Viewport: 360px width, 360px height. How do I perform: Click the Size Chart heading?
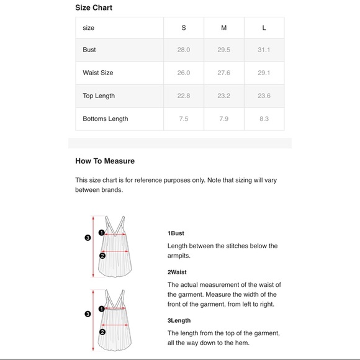(94, 7)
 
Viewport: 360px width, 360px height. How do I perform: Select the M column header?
(224, 28)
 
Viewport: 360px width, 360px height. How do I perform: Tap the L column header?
(264, 28)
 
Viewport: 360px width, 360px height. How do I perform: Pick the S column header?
(184, 28)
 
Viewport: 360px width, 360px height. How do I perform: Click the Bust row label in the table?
(89, 50)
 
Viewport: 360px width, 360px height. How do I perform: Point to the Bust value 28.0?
(184, 50)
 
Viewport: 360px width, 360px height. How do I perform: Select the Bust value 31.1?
(264, 50)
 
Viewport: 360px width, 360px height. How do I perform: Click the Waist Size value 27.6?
(224, 73)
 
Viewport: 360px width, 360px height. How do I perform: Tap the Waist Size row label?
(98, 73)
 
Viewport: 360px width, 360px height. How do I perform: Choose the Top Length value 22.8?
(184, 96)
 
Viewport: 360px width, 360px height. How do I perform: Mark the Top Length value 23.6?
(264, 96)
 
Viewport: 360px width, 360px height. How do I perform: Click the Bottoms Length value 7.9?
(224, 119)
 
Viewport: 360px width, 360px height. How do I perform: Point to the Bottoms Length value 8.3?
(264, 119)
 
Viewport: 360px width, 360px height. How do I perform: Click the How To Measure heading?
(105, 161)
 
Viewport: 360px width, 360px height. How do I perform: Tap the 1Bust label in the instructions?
(176, 233)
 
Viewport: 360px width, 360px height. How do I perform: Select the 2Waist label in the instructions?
(177, 272)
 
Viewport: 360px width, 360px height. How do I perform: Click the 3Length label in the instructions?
(179, 320)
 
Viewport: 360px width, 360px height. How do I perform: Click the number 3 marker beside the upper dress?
(88, 238)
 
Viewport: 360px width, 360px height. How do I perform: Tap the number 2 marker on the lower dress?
(102, 332)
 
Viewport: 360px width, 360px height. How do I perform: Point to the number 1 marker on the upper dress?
(101, 233)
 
